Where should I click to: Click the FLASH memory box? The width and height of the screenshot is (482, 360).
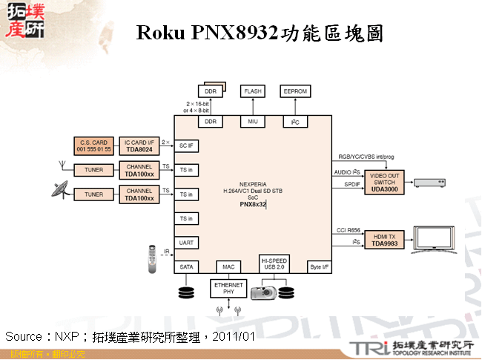[x=252, y=91]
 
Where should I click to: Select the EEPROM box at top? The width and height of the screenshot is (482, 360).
[x=294, y=91]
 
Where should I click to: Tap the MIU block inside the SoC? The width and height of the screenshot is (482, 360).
[x=252, y=121]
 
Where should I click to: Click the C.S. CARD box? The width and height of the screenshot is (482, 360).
[x=93, y=145]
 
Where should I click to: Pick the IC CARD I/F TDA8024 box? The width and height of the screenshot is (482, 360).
[x=139, y=145]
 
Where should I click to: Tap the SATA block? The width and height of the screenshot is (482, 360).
[x=186, y=266]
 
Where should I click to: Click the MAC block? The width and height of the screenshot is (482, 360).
[x=228, y=266]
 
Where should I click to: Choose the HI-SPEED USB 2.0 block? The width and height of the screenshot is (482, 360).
[x=274, y=264]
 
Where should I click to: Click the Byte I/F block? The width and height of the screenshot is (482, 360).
[x=319, y=266]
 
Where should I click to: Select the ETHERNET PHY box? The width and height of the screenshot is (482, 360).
[x=228, y=288]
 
